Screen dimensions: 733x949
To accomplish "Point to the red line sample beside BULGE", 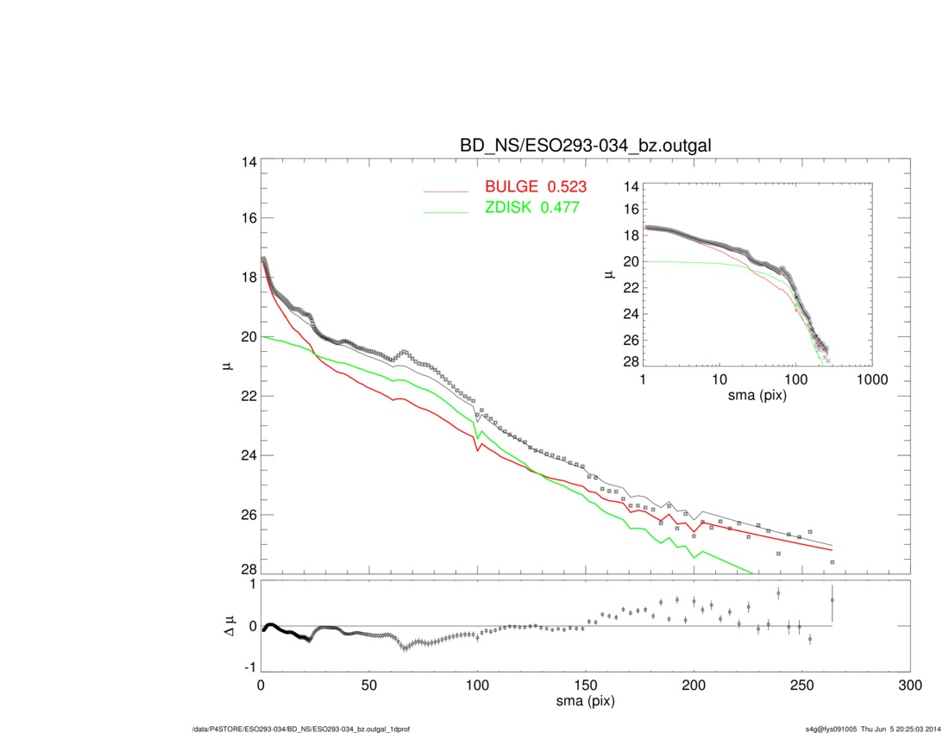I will point(446,190).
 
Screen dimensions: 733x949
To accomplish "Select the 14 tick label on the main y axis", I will point(247,162).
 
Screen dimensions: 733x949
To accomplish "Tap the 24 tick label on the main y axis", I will point(247,455).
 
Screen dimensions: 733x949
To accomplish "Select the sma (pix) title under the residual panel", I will point(585,702).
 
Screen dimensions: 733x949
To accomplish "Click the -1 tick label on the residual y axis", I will point(248,667).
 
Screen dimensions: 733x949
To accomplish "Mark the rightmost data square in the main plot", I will point(832,561).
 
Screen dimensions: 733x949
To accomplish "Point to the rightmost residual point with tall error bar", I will point(832,600).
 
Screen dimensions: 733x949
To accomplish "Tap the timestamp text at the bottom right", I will point(867,729).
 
